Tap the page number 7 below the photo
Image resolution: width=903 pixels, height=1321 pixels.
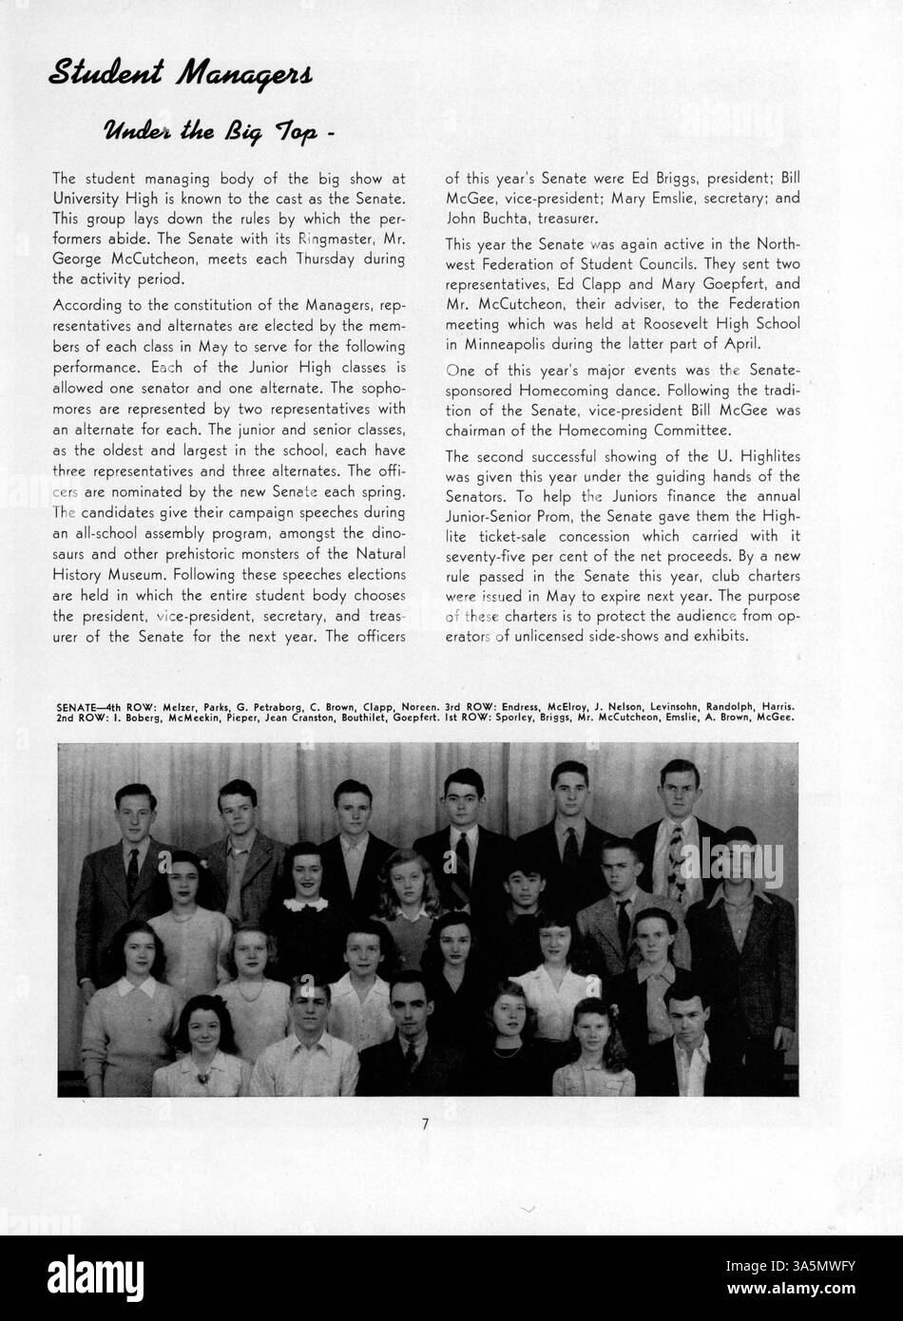426,1124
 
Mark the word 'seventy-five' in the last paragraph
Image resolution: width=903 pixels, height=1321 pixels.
488,555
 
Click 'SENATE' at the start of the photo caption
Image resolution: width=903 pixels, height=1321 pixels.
77,707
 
